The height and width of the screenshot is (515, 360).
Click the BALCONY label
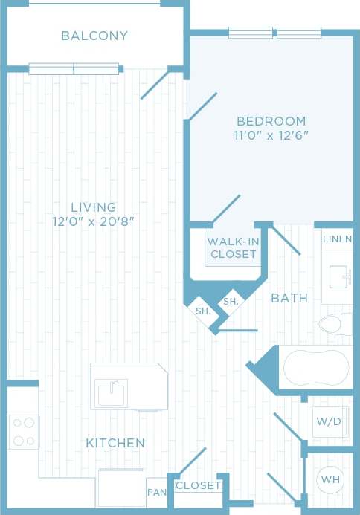[x=94, y=36]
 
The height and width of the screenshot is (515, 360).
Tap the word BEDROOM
[x=271, y=121]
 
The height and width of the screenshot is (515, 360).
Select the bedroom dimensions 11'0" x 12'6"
[x=271, y=135]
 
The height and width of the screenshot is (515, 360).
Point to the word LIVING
[x=94, y=207]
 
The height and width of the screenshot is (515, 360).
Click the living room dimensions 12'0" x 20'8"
[x=94, y=221]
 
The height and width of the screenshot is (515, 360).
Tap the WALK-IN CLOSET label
[x=233, y=247]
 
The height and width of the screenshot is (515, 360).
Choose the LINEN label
[x=338, y=239]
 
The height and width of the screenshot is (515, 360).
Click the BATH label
[x=289, y=298]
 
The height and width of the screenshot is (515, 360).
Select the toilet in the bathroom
[x=335, y=324]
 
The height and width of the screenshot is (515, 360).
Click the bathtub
[x=315, y=366]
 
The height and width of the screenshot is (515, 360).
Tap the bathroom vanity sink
[x=339, y=276]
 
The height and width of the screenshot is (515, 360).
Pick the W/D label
[x=329, y=421]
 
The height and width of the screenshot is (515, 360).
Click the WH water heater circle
[x=329, y=479]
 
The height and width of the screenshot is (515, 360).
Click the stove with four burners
[x=23, y=431]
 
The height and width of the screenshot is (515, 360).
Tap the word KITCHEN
[x=115, y=443]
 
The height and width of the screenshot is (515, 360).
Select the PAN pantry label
[x=156, y=493]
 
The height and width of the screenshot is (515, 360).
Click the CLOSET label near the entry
[x=199, y=486]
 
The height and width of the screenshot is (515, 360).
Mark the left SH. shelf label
[x=202, y=311]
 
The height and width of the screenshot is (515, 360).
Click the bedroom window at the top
[x=274, y=33]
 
